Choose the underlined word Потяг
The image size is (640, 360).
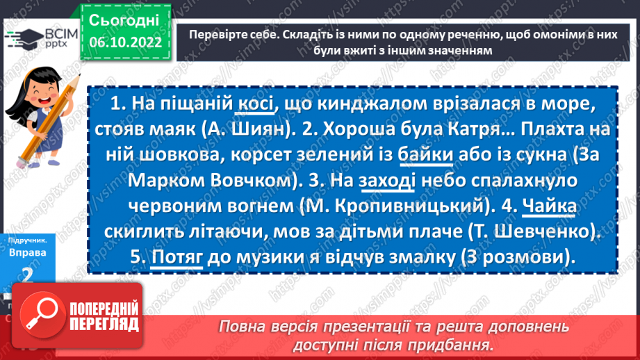[177, 257]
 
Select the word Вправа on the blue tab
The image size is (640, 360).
[28, 253]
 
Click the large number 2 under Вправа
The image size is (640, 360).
[28, 277]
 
